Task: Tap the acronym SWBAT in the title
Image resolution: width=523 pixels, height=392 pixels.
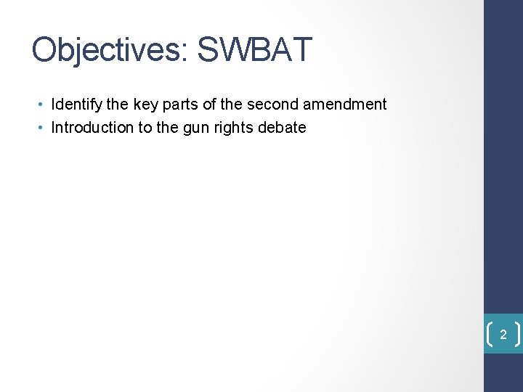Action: point(254,51)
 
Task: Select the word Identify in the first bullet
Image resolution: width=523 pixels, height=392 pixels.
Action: point(76,105)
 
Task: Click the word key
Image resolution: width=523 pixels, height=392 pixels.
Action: point(144,105)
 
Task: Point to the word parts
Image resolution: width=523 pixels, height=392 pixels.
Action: point(178,105)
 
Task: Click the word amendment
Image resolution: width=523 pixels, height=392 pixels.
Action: point(344,105)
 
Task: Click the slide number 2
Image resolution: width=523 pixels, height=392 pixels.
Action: point(503,335)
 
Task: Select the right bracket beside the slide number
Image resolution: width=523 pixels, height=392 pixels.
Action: point(517,335)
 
